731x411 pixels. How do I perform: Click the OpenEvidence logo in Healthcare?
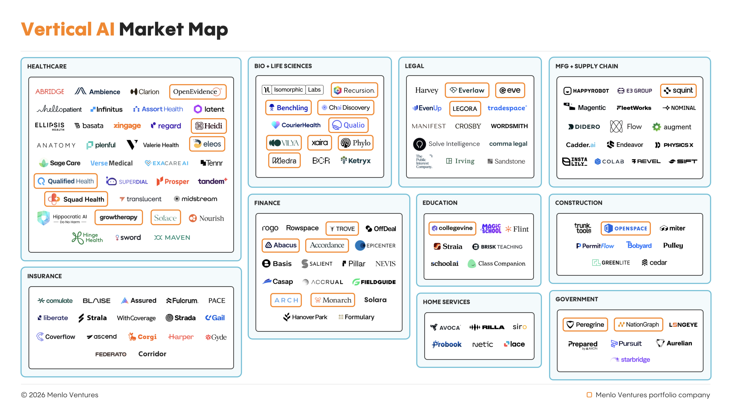click(197, 92)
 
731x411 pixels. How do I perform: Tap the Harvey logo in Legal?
click(427, 90)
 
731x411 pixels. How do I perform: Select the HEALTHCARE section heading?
click(47, 66)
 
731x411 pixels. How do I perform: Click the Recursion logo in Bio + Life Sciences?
click(354, 90)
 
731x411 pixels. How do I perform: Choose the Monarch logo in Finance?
click(333, 300)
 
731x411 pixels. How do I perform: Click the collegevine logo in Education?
click(452, 228)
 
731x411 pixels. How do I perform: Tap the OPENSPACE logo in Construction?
click(625, 228)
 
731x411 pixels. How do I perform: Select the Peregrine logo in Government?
click(585, 325)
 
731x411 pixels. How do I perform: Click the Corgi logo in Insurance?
click(142, 337)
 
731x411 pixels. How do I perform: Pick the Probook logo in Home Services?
click(447, 344)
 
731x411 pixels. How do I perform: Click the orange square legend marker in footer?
click(589, 395)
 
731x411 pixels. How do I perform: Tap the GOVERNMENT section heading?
click(577, 299)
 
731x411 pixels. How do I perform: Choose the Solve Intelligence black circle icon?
click(419, 144)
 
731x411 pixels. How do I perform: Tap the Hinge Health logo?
click(87, 237)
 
